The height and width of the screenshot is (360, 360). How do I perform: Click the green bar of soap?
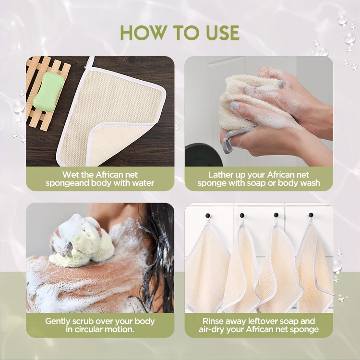pyautogui.click(x=48, y=91)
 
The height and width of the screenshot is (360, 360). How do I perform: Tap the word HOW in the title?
pyautogui.click(x=144, y=33)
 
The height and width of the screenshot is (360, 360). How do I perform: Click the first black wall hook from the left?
pyautogui.click(x=208, y=216)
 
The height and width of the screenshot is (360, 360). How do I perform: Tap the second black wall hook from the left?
pyautogui.click(x=242, y=216)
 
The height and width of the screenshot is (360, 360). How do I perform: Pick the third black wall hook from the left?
pyautogui.click(x=276, y=215)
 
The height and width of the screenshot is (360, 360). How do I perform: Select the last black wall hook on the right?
pyautogui.click(x=311, y=215)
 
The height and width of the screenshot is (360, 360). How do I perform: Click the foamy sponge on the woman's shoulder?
pyautogui.click(x=82, y=241)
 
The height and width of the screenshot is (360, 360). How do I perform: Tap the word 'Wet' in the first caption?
pyautogui.click(x=71, y=175)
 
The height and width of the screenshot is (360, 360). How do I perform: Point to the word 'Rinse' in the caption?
pyautogui.click(x=213, y=321)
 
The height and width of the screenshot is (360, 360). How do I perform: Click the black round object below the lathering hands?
pyautogui.click(x=203, y=155)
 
